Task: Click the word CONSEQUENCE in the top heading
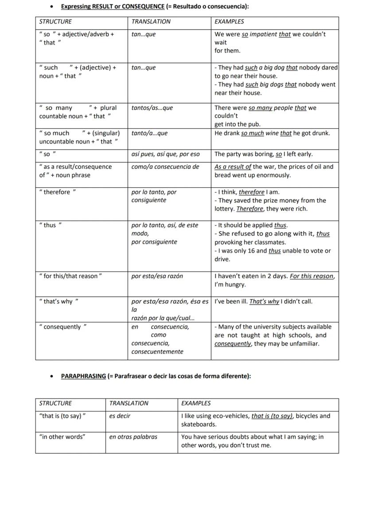[143, 7]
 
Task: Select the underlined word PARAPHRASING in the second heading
[83, 376]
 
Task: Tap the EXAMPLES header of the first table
[229, 21]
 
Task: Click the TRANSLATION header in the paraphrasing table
[129, 403]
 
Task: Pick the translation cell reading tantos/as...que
[152, 108]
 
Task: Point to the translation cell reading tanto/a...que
[149, 133]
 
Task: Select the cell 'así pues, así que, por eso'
[165, 155]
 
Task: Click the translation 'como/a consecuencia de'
[165, 167]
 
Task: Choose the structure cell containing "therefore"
[58, 192]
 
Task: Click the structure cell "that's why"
[59, 302]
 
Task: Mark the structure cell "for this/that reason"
[70, 276]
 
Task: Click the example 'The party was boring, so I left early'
[263, 155]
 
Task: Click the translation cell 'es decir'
[120, 416]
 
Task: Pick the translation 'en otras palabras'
[133, 437]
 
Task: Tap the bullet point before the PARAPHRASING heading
[53, 377]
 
